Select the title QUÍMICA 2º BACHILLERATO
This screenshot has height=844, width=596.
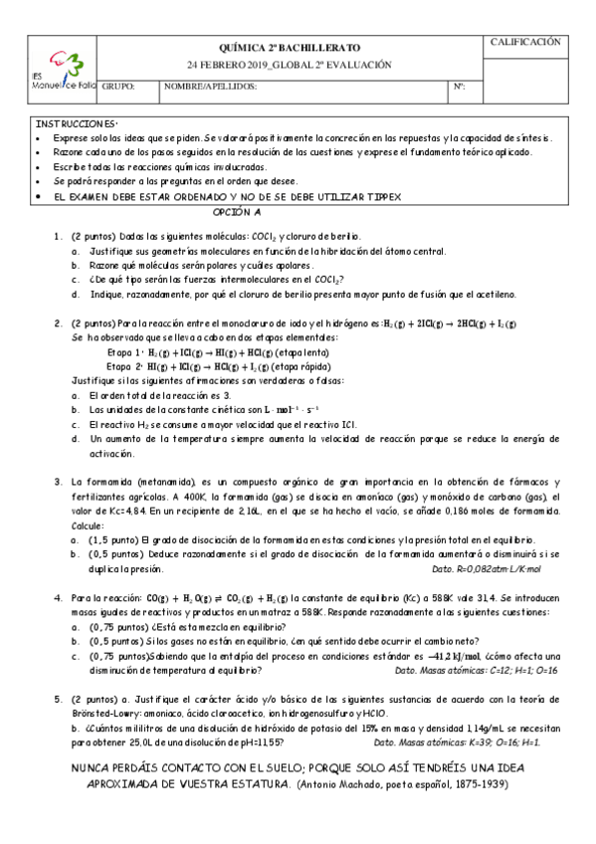pos(290,47)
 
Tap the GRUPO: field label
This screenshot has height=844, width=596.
pos(118,87)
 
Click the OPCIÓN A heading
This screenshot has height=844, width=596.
pos(238,213)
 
